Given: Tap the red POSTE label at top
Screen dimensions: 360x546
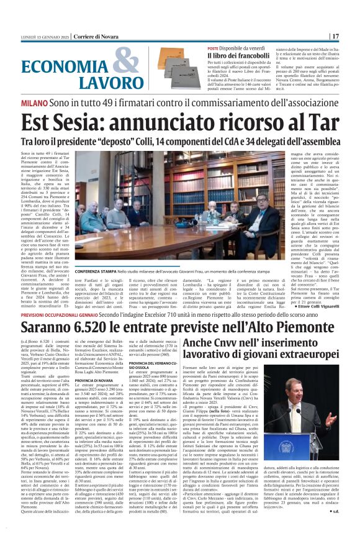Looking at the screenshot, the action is pyautogui.click(x=195, y=48).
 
